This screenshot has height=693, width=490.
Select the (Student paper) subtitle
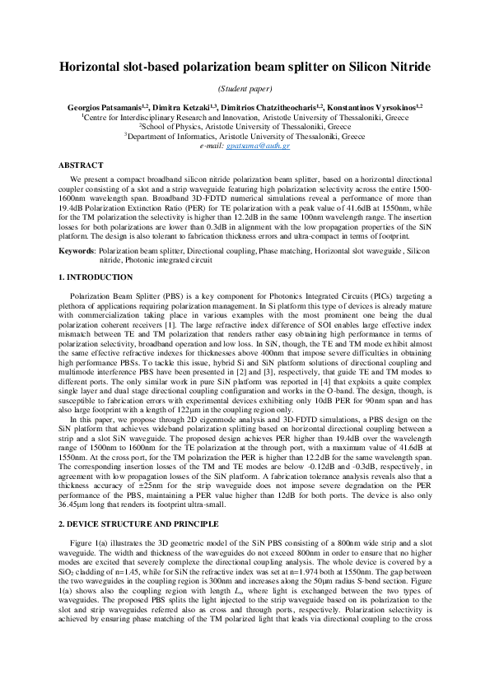245,89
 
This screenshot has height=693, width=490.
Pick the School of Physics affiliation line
245,127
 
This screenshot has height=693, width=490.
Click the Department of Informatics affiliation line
245,136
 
